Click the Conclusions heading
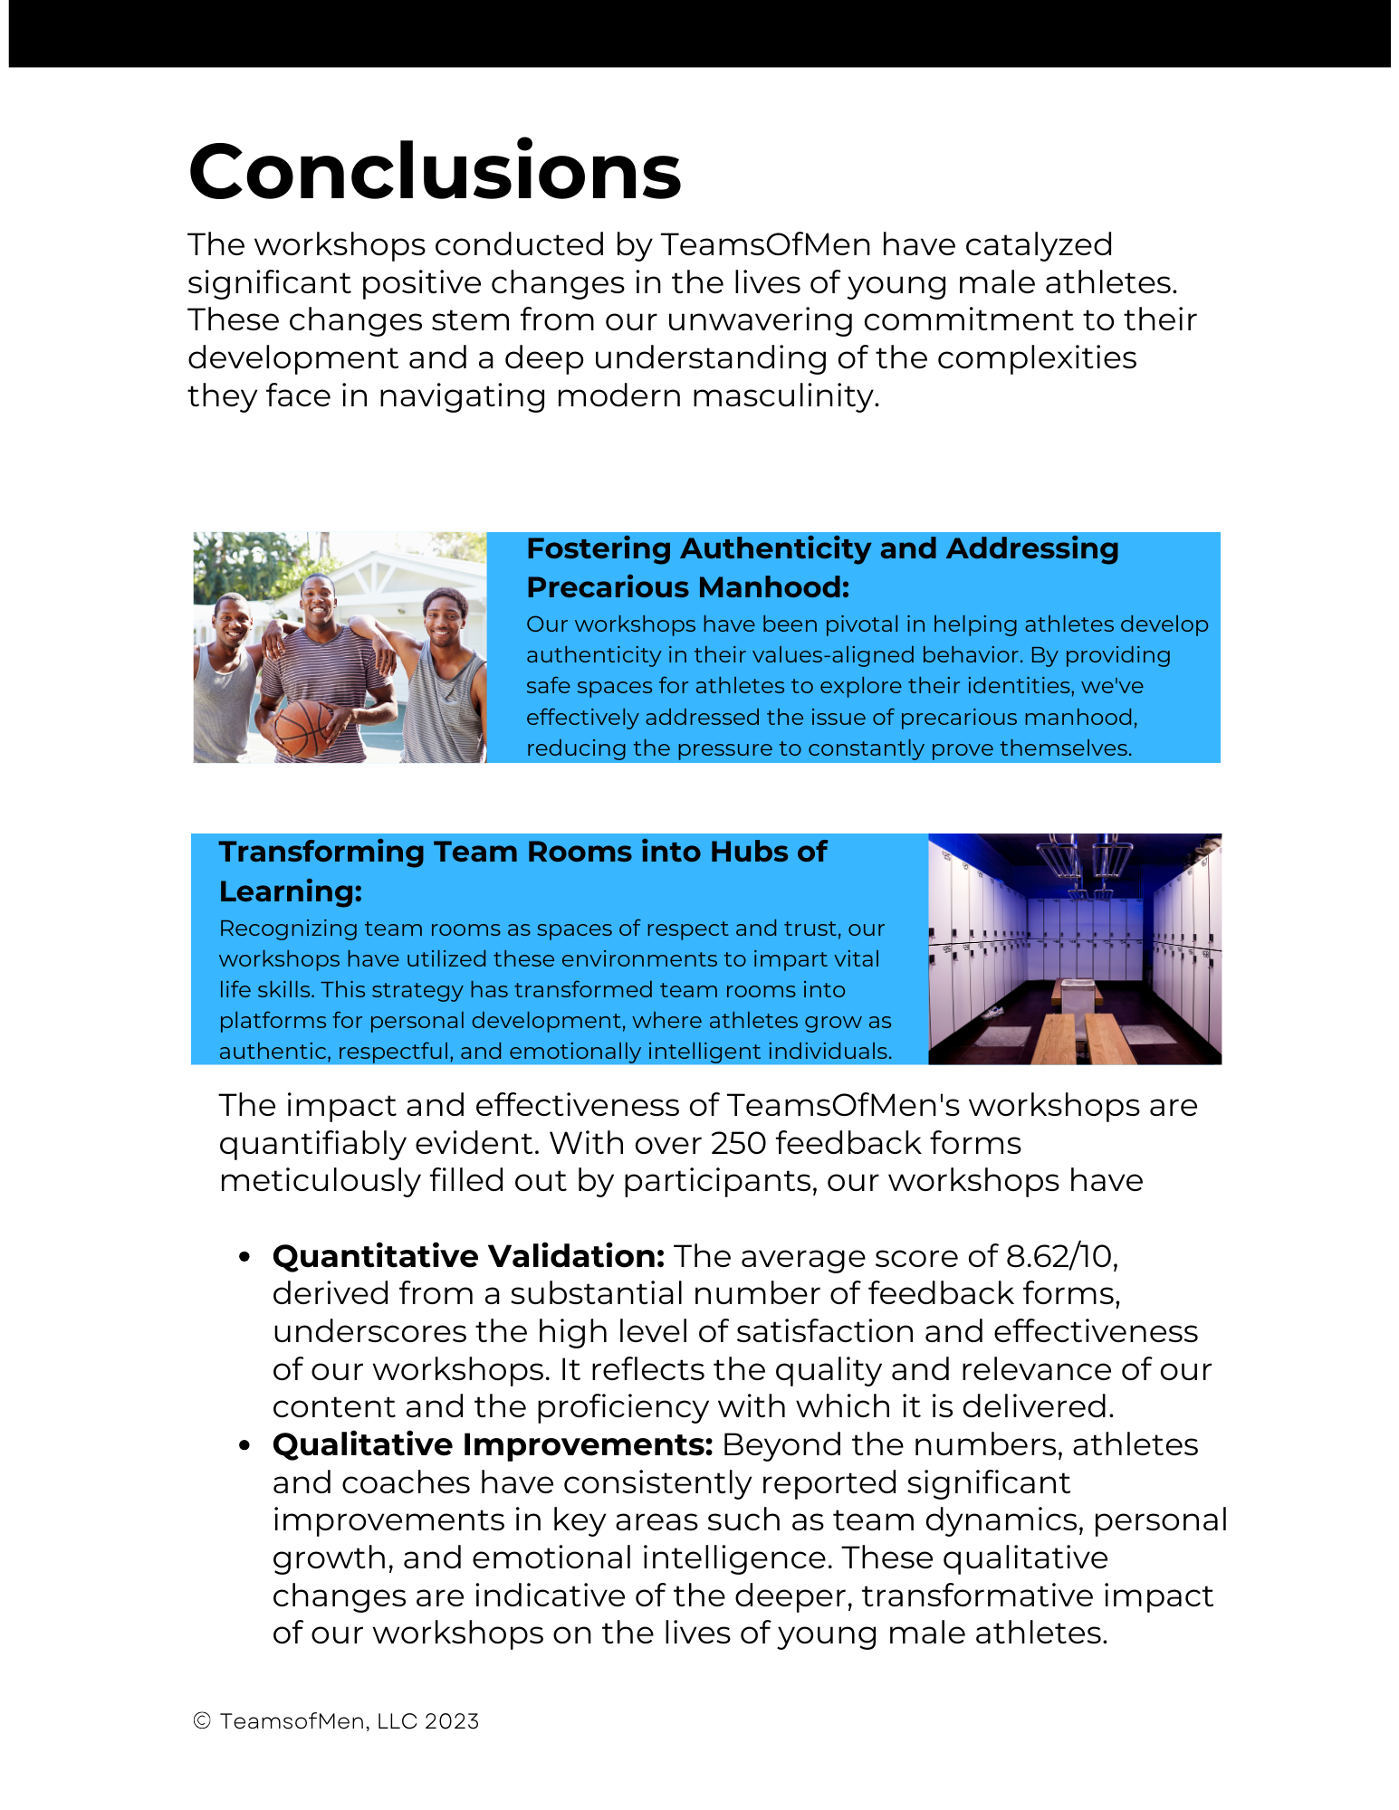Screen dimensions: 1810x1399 pyautogui.click(x=435, y=172)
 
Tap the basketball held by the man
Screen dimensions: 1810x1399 pyautogui.click(x=304, y=726)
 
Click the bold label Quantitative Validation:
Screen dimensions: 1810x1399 pyautogui.click(x=468, y=1256)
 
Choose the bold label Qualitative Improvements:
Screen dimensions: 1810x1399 pyautogui.click(x=493, y=1444)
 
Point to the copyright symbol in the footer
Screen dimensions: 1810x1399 pyautogui.click(x=202, y=1721)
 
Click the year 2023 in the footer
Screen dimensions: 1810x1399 pyautogui.click(x=452, y=1721)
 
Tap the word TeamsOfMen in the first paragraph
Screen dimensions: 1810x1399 pyautogui.click(x=765, y=244)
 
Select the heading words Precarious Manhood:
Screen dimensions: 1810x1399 pyautogui.click(x=688, y=587)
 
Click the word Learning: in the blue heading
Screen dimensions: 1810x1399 pyautogui.click(x=291, y=891)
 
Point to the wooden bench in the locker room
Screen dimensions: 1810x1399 pyautogui.click(x=1056, y=1036)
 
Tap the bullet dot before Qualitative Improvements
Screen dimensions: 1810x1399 pyautogui.click(x=244, y=1445)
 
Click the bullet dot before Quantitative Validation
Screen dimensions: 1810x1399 pyautogui.click(x=244, y=1257)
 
